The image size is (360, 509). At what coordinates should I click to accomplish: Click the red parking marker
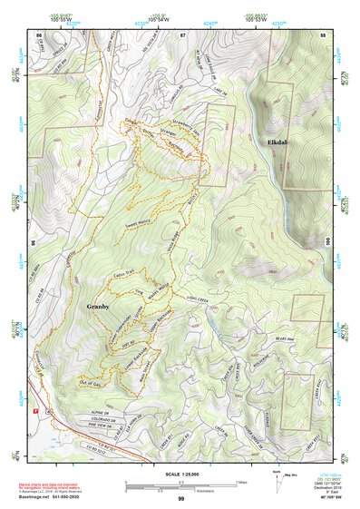tap(35, 410)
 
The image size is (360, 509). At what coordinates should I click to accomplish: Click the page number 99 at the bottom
tap(180, 498)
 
